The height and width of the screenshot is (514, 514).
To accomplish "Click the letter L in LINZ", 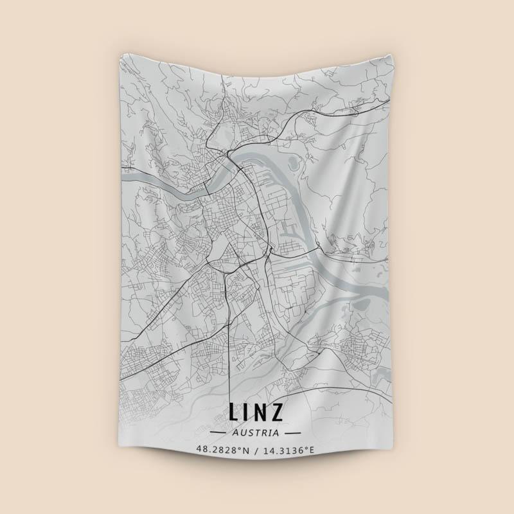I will (234, 412).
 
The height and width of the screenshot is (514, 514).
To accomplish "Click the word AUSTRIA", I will (256, 433).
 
